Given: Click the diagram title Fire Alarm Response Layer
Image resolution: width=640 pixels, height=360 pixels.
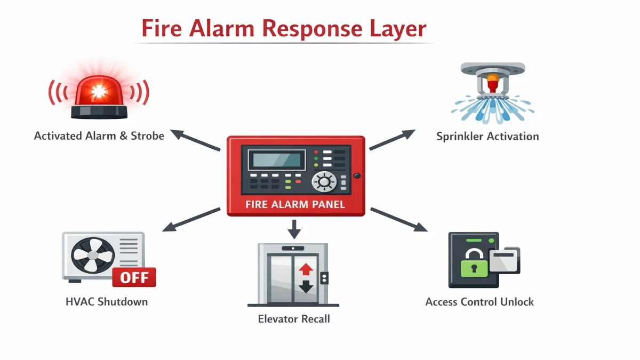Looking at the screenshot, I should click(x=284, y=29).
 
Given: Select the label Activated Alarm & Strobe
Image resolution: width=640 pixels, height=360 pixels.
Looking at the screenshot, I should click(x=99, y=135).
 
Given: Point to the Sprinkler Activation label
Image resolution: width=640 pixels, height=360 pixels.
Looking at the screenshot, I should click(x=487, y=137).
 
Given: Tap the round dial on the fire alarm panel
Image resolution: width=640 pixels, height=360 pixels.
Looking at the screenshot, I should click(x=323, y=182).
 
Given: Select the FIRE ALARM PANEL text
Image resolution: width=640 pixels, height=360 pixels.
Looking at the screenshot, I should click(x=295, y=204).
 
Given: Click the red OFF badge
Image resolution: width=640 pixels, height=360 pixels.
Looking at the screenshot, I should click(x=134, y=278).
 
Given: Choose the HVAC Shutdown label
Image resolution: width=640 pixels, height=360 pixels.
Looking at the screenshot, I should click(x=107, y=302).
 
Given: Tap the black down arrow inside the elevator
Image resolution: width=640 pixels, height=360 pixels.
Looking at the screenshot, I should click(x=306, y=286).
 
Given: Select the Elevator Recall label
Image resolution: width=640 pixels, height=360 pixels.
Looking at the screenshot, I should click(x=294, y=319).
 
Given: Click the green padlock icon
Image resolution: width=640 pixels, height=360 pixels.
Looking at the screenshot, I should click(x=472, y=263).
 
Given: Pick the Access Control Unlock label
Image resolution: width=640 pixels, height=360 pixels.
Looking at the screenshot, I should click(x=479, y=302).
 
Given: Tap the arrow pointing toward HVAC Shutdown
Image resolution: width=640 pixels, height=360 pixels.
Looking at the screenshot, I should click(x=190, y=219).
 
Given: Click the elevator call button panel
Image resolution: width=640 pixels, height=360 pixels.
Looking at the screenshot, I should click(x=324, y=278).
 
